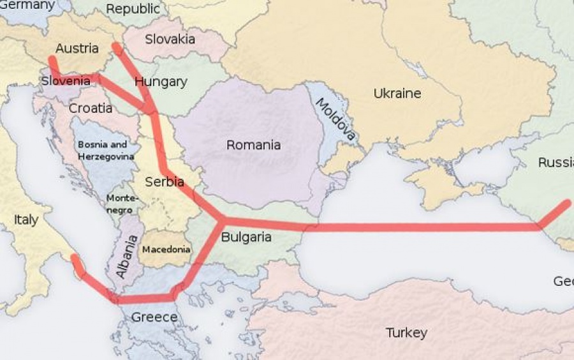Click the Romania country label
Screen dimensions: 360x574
click(253, 145)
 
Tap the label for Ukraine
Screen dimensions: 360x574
click(397, 93)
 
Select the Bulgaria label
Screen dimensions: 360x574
click(246, 237)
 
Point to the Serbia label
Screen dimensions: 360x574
click(165, 181)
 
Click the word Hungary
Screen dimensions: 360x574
click(161, 82)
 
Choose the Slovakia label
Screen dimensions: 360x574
click(170, 39)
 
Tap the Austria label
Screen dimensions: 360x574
click(77, 48)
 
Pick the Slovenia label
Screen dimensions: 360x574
click(66, 81)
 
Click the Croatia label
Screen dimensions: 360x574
click(91, 108)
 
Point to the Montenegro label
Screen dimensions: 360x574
click(121, 204)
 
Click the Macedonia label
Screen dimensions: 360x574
click(166, 250)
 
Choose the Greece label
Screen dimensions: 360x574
click(154, 317)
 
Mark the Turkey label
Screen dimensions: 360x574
click(406, 333)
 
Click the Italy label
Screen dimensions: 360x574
click(26, 220)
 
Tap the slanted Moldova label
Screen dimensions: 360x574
click(335, 119)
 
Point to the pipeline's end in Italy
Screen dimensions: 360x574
click(75, 258)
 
